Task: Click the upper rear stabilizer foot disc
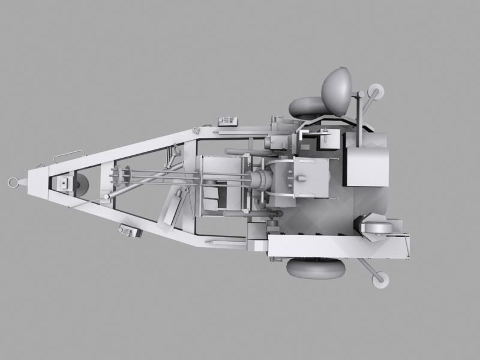click(377, 92)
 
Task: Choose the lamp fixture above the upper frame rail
click(227, 120)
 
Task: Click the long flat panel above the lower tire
click(339, 246)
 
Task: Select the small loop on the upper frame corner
click(196, 128)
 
